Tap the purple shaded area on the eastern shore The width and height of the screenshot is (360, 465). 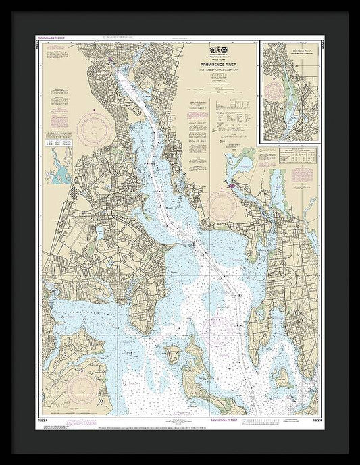(234, 184)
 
